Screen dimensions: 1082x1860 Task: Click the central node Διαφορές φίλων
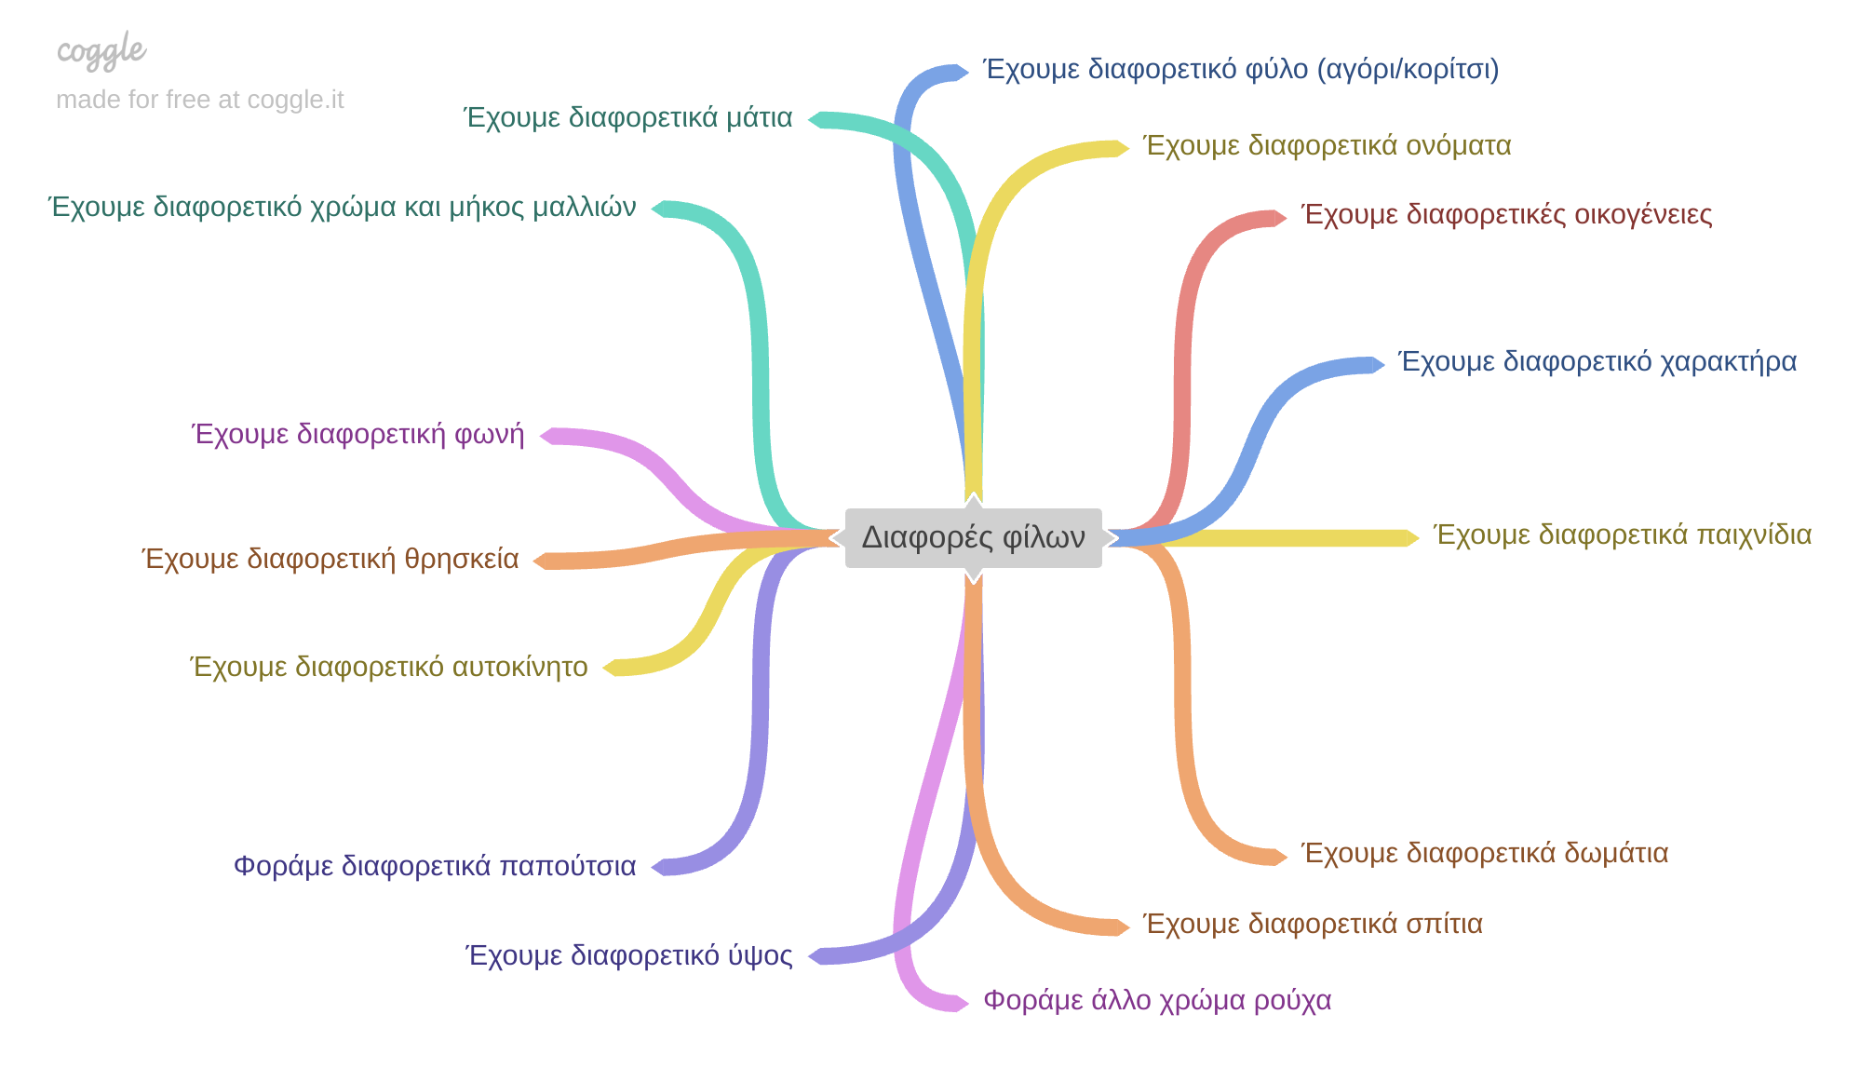point(973,538)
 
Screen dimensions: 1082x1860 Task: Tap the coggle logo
point(101,50)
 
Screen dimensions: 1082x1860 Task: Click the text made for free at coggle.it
point(199,100)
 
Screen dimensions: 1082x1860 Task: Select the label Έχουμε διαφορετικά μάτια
point(627,118)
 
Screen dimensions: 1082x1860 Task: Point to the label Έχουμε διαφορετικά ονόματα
point(1327,146)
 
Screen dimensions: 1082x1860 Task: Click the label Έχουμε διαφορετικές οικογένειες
point(1506,215)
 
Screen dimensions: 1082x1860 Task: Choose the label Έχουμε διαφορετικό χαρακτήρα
point(1597,362)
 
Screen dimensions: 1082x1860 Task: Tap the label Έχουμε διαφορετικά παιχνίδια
point(1623,535)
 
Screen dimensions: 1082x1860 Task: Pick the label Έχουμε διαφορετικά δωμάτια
point(1484,854)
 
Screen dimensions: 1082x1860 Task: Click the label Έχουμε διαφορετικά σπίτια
point(1313,925)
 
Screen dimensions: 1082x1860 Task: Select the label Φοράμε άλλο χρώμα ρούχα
point(1157,1001)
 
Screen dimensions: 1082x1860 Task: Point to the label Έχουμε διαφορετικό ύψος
point(629,956)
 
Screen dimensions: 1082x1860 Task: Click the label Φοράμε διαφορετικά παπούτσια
point(435,867)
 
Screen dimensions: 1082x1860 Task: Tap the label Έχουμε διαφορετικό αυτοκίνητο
point(389,668)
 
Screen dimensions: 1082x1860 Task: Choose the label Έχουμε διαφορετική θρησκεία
point(330,560)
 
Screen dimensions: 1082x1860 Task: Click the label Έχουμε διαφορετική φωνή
point(358,436)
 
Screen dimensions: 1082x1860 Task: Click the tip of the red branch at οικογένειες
point(1282,218)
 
